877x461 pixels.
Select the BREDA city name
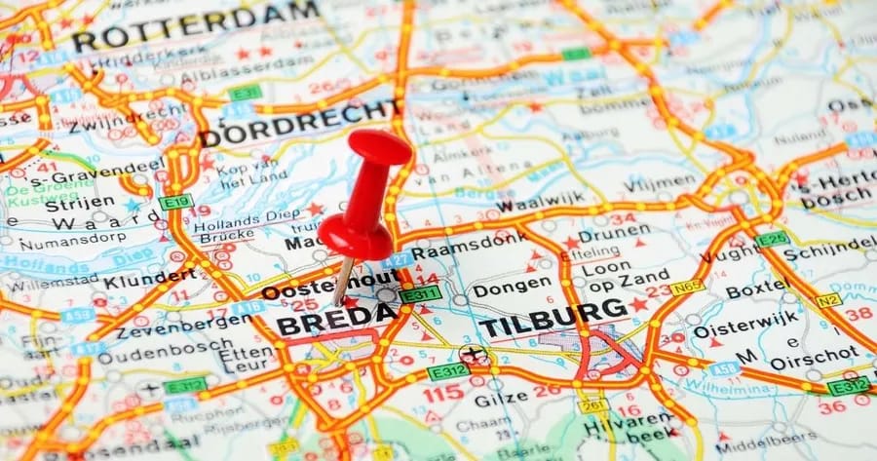[336, 319]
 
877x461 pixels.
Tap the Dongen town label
[511, 285]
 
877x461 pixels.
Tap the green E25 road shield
[772, 239]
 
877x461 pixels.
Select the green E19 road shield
[176, 202]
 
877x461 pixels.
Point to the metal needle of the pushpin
[344, 280]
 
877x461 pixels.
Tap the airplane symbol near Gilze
[476, 355]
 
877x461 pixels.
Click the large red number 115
[443, 393]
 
